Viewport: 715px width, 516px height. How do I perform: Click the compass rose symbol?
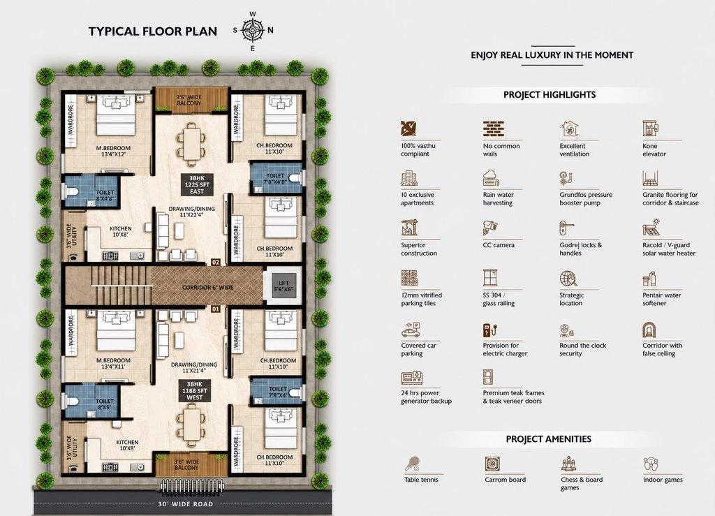(x=252, y=31)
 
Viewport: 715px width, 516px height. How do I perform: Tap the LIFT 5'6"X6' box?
(x=283, y=286)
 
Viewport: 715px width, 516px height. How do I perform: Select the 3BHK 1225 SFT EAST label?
(x=197, y=184)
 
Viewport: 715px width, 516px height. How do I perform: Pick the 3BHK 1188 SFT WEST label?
(x=194, y=390)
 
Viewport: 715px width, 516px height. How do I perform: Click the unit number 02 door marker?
(x=216, y=263)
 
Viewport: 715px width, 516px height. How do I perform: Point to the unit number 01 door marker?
(x=216, y=309)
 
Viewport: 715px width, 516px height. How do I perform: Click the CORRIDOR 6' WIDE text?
(x=207, y=288)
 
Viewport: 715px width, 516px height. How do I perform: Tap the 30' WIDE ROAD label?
(x=186, y=504)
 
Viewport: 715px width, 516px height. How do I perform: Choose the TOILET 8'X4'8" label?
(x=105, y=196)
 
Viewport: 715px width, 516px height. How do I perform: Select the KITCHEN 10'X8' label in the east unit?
(x=120, y=232)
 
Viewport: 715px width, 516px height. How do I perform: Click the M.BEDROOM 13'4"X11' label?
(x=113, y=363)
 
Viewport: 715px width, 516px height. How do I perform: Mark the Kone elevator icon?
(x=650, y=129)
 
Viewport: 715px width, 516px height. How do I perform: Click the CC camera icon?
(x=490, y=228)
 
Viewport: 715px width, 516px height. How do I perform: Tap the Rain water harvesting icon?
(x=491, y=178)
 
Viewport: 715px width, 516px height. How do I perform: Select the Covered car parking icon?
(x=411, y=330)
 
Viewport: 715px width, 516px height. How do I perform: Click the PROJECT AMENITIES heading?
(x=549, y=439)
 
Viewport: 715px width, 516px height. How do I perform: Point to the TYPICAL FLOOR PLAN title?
(x=153, y=31)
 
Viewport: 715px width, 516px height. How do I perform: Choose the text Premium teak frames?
(x=513, y=393)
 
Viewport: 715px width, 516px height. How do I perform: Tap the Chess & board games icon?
(x=568, y=464)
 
